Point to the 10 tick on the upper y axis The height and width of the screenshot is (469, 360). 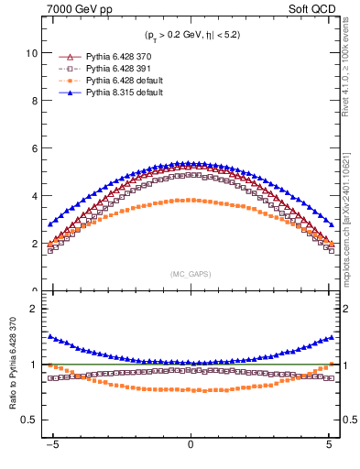(32, 53)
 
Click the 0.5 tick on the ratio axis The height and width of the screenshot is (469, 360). (30, 420)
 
